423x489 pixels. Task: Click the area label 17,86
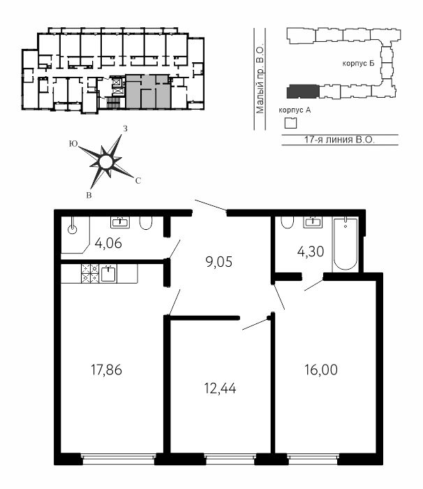tap(106, 370)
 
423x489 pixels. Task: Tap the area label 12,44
tap(220, 388)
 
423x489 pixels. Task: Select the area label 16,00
tap(321, 370)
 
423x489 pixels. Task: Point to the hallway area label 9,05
tap(219, 262)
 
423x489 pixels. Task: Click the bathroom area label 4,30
tap(311, 251)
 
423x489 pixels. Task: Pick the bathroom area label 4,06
tap(108, 243)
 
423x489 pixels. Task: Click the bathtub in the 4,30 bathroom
tap(345, 245)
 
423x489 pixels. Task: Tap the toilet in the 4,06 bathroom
tap(146, 223)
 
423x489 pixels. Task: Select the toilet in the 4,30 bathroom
tap(287, 222)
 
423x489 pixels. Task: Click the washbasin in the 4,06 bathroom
tap(120, 222)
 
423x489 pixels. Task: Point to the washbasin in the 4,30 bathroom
tap(313, 221)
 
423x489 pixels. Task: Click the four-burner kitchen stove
tap(90, 274)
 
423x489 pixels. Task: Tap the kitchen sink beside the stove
tap(109, 274)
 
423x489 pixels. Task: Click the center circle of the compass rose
tap(105, 161)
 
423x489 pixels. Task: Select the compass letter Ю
tap(73, 144)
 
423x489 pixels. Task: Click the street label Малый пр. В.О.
tap(260, 80)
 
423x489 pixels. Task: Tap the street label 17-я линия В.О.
tap(340, 140)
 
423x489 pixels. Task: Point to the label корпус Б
tap(359, 64)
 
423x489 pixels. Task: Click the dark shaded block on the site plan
tap(303, 92)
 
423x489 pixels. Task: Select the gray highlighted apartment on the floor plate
tap(148, 92)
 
